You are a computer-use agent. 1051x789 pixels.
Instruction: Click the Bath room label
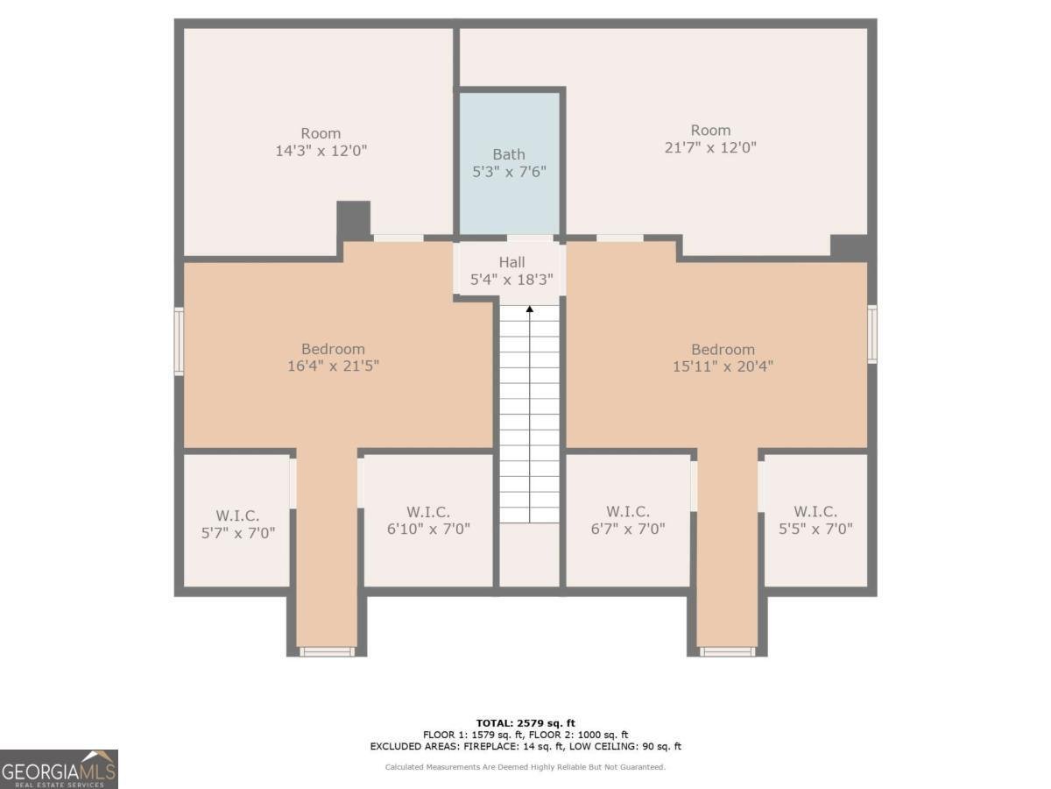509,154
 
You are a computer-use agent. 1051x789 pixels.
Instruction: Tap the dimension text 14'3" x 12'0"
321,150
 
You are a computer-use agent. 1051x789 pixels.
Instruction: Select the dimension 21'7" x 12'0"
710,147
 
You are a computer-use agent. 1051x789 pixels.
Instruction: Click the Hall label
511,262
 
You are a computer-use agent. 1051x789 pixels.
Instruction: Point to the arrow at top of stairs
529,309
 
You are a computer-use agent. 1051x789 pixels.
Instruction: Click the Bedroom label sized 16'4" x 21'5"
333,349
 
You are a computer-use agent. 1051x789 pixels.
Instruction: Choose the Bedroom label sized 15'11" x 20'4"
723,349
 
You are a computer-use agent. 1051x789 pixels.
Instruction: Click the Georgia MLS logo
59,769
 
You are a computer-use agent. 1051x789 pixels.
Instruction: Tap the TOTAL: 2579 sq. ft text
525,722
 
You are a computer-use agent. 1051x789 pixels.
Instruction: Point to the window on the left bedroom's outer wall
179,341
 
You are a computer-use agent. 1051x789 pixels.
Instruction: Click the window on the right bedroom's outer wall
871,333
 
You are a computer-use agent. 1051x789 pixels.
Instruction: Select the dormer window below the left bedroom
327,651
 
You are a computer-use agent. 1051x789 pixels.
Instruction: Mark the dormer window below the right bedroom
727,651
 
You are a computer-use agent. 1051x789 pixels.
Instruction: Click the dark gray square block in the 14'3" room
354,219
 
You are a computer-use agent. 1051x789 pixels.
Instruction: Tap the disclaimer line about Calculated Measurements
525,767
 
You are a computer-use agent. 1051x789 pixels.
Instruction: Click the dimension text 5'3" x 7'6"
509,171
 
